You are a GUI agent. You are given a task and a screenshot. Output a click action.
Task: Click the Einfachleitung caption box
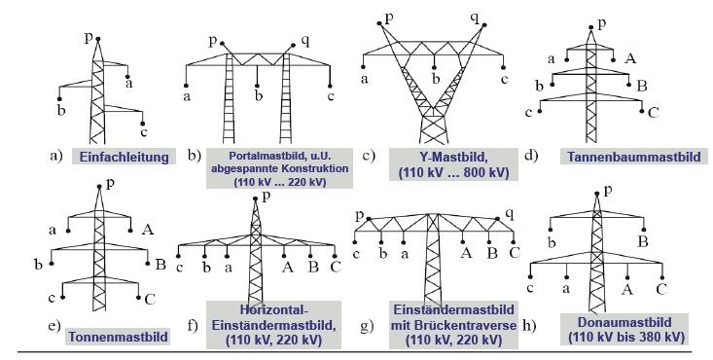point(125,157)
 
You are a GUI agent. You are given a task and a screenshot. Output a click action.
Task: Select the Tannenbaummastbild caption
point(634,157)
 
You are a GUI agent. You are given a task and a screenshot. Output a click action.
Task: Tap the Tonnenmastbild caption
point(118,337)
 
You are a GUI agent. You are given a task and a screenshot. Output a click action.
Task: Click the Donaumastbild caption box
point(624,329)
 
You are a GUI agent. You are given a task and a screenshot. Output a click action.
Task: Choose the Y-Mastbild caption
point(453,164)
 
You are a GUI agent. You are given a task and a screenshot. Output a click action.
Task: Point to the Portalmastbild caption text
point(279,168)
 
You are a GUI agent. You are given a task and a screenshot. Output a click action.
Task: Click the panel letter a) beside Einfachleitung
point(56,156)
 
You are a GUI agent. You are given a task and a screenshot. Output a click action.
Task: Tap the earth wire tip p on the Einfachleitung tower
point(97,39)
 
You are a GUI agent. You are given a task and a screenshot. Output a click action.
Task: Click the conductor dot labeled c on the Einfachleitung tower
point(143,124)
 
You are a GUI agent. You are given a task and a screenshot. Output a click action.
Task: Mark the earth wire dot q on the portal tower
point(294,45)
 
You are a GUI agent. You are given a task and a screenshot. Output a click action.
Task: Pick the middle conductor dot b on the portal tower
point(258,86)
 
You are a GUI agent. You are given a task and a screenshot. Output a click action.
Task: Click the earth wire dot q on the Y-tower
point(484,25)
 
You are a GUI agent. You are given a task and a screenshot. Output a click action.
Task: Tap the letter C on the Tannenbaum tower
point(653,112)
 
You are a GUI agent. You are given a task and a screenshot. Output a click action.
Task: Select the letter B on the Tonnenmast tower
point(160,265)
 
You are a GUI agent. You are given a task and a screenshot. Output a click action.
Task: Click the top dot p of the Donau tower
point(596,195)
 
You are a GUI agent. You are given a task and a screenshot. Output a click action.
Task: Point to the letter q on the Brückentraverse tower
point(510,213)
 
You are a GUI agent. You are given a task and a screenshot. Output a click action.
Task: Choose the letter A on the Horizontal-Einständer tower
point(287,267)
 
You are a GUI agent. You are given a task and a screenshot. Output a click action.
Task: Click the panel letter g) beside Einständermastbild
point(368,325)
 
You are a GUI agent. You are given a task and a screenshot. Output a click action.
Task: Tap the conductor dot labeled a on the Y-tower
point(364,68)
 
